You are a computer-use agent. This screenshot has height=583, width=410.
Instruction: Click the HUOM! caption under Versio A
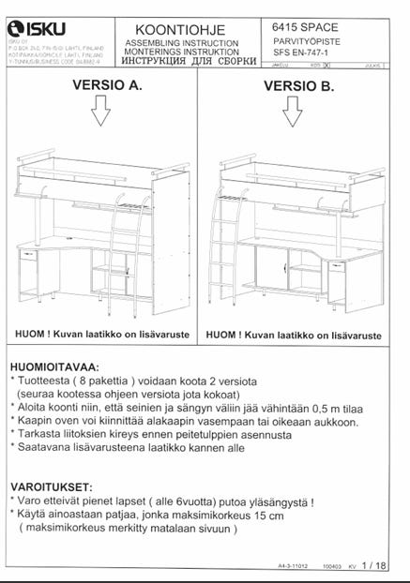(x=103, y=334)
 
